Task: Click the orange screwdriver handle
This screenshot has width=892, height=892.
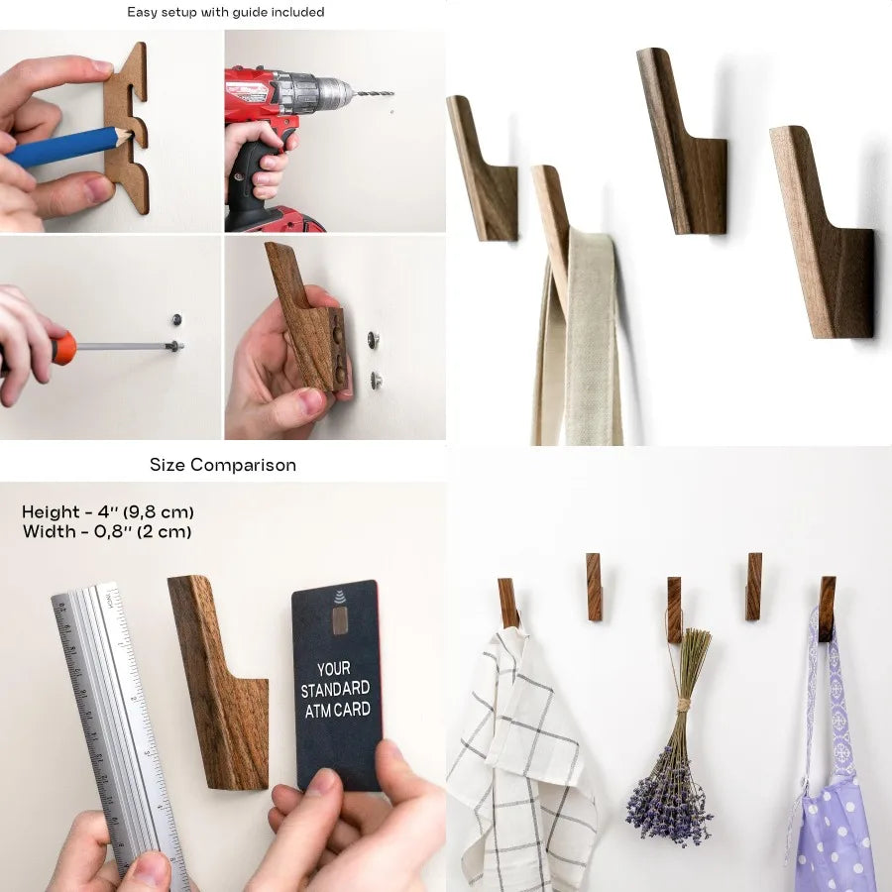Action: pos(62,348)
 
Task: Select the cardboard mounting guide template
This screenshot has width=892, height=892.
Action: pos(130,129)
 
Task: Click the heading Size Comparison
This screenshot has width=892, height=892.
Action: pos(223,465)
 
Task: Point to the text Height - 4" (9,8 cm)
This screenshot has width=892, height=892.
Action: pos(108,512)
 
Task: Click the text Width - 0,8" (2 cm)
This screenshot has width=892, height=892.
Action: pos(107,532)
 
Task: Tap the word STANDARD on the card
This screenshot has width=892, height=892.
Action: pos(335,689)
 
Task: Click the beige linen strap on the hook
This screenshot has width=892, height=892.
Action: pos(590,337)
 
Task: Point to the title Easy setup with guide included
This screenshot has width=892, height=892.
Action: pos(225,13)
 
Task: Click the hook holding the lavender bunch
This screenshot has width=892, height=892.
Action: pos(674,607)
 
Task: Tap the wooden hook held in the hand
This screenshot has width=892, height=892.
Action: pos(302,317)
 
